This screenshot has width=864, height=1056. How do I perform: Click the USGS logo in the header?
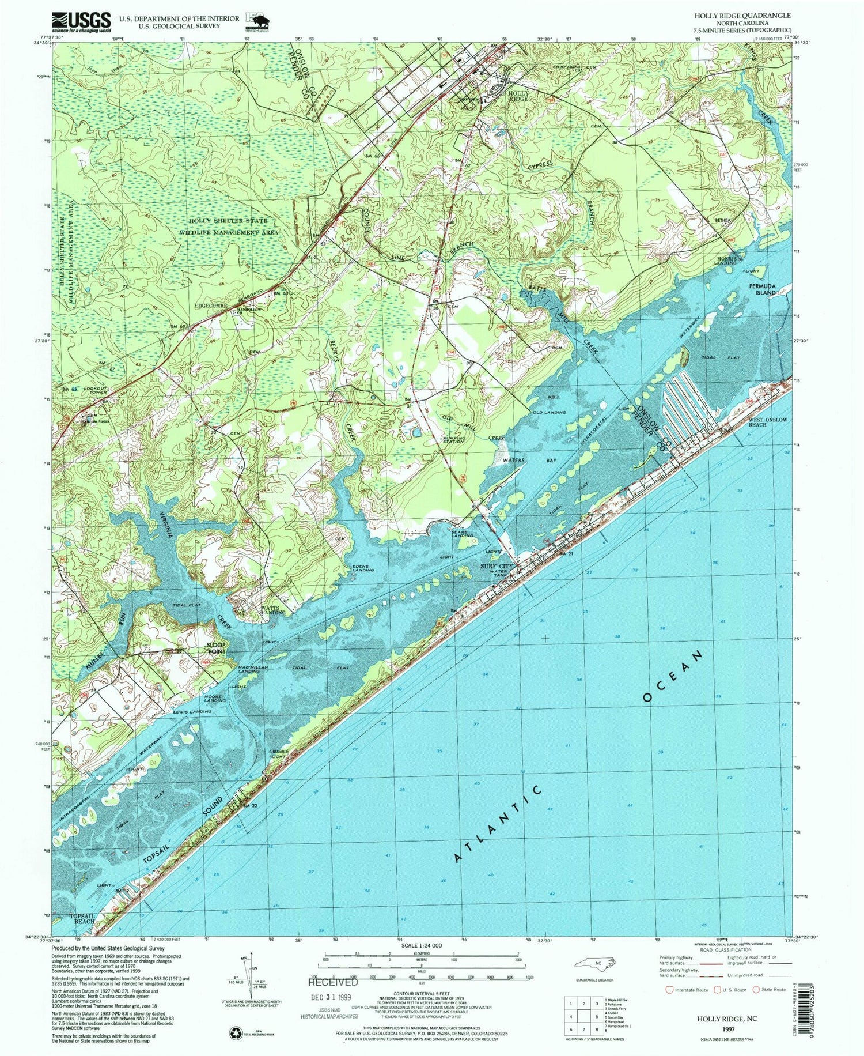[81, 21]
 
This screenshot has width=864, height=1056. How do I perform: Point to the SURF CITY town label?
[497, 567]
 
